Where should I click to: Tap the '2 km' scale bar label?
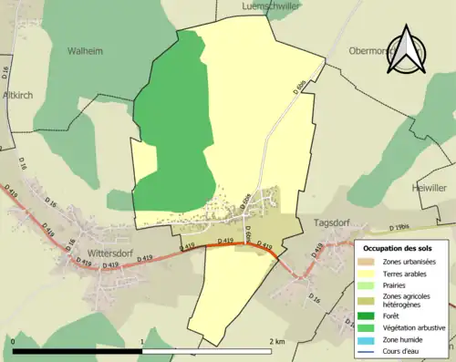[277, 340]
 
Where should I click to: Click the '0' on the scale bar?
[14, 340]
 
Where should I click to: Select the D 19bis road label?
[399, 227]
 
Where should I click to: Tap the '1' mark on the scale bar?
[142, 340]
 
